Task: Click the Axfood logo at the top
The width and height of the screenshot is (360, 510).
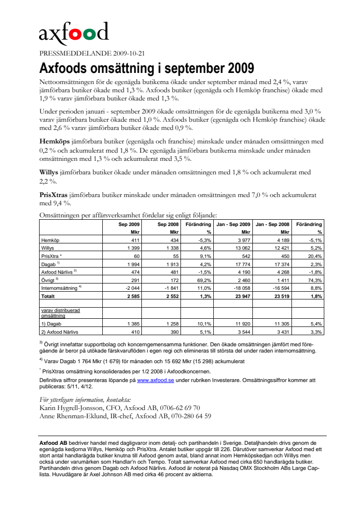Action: [x=73, y=33]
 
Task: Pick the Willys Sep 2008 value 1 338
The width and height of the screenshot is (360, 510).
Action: [x=170, y=247]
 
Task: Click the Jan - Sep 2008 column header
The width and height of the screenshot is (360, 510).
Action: [x=273, y=225]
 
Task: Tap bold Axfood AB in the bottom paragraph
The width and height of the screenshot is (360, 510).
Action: [x=53, y=443]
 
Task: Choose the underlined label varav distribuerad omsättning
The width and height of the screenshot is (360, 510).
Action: [x=60, y=312]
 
